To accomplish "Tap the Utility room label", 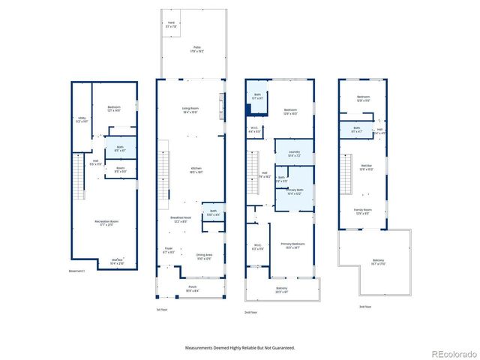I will click(81, 118).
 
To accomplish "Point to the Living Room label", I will click(190, 110).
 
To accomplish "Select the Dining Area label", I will click(205, 256).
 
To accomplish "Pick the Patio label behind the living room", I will click(196, 48).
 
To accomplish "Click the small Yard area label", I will click(171, 22).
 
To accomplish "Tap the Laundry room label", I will click(294, 154).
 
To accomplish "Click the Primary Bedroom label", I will click(296, 245).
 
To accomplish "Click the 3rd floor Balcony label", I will click(378, 262).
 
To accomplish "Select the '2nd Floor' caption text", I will click(250, 311).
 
